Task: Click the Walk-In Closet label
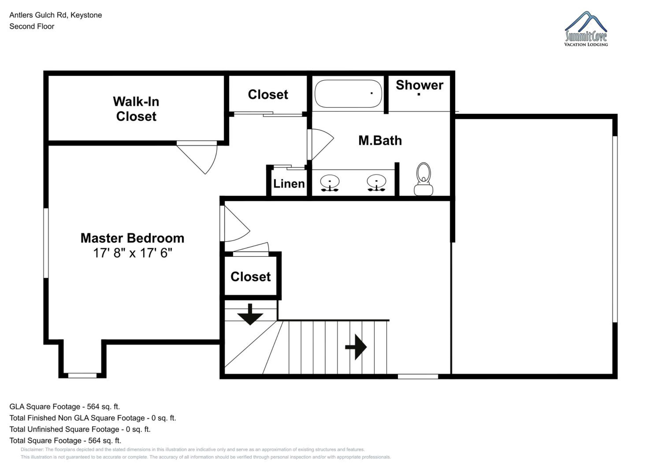click(136, 109)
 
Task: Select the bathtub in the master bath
click(348, 94)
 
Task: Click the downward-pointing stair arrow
click(250, 314)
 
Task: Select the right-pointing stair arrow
click(356, 347)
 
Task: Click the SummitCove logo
click(586, 29)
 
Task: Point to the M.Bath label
click(380, 141)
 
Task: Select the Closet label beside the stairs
click(251, 277)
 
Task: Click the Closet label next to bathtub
click(268, 95)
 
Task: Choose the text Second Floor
click(32, 26)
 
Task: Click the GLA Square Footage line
click(65, 407)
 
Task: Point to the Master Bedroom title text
click(132, 238)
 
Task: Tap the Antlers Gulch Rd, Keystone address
click(56, 15)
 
